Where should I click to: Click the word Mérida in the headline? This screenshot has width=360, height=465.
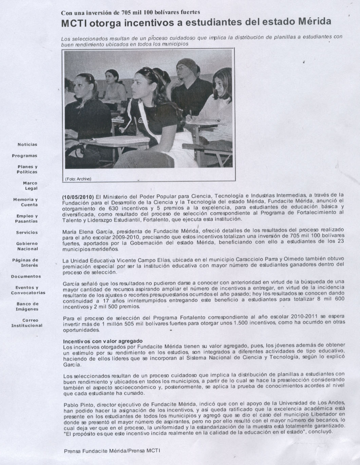(x=314, y=22)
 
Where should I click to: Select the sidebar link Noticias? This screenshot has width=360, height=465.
(x=27, y=145)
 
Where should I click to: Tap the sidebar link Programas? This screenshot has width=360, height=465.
(x=25, y=156)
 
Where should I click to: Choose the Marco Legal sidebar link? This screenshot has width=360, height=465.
(x=30, y=186)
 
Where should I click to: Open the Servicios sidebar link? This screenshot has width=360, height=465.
(x=27, y=233)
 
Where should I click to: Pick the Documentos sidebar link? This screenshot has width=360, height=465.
(x=26, y=276)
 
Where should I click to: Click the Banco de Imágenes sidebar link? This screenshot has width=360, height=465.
(x=27, y=306)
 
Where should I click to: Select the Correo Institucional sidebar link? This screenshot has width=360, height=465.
(x=27, y=323)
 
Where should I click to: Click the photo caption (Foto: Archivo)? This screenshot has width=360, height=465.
(x=78, y=179)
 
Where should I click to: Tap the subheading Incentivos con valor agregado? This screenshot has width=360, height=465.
(x=103, y=341)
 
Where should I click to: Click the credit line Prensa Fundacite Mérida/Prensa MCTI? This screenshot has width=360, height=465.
(x=112, y=451)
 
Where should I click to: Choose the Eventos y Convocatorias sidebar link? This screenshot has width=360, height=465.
(x=28, y=290)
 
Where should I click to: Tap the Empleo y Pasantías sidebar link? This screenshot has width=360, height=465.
(x=26, y=218)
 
